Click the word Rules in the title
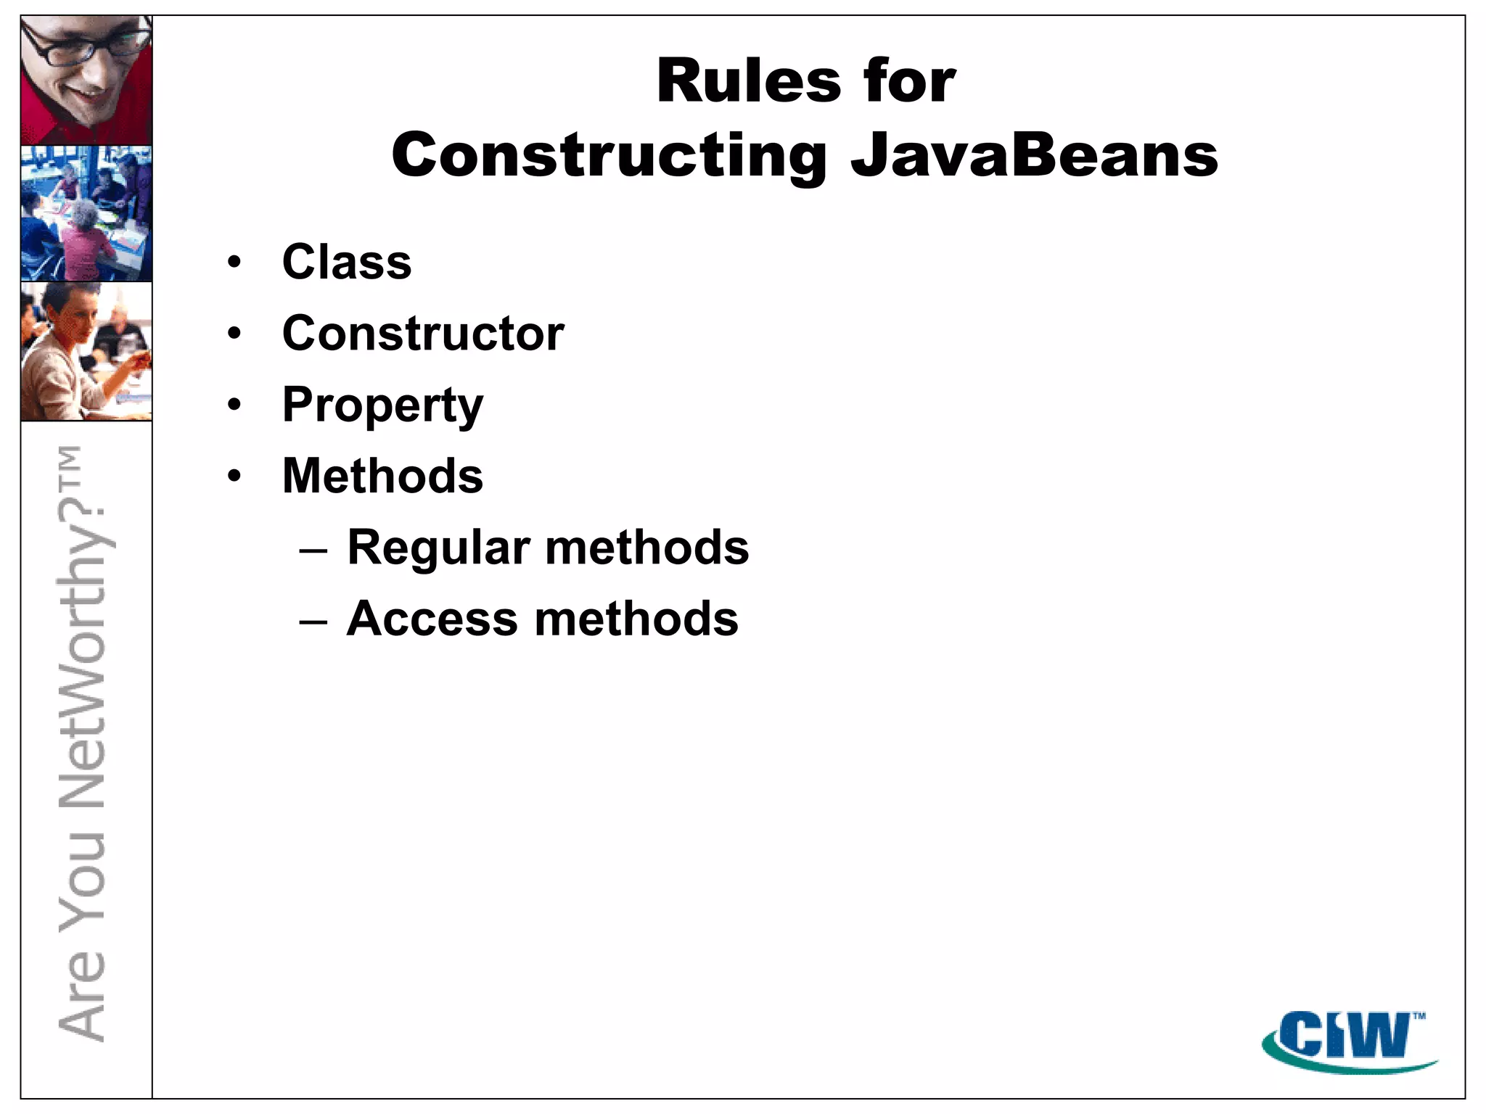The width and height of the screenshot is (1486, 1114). coord(748,81)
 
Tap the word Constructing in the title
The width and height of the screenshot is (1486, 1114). coord(609,157)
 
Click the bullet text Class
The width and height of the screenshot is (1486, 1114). coord(347,262)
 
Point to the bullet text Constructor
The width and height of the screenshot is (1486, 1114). coord(423,334)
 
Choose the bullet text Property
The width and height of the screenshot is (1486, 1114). coord(382,405)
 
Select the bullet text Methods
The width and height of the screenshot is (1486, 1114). coord(382,476)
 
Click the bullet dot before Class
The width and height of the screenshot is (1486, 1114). coord(234,263)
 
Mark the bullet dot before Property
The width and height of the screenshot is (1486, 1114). coord(234,405)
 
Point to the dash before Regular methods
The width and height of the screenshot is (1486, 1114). coord(313,550)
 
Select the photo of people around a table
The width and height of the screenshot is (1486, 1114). coord(86,213)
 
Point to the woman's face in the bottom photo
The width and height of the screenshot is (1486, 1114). coord(76,319)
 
